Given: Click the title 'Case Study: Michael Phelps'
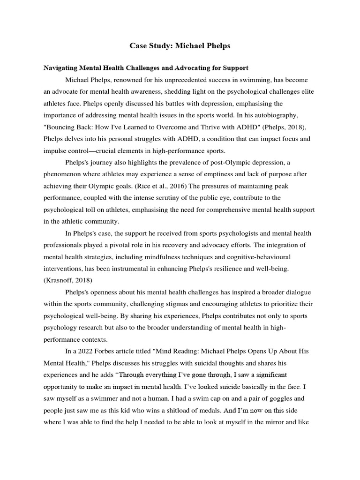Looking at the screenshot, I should click(x=180, y=46).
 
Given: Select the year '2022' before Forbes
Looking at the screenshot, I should click(x=83, y=352).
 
